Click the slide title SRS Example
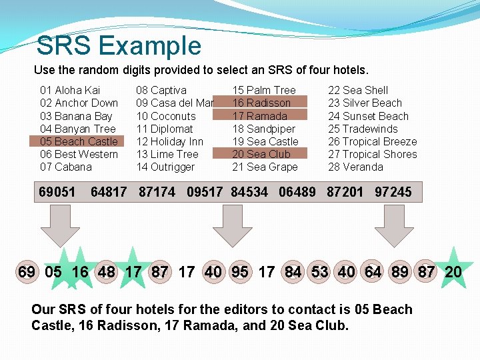point(119,45)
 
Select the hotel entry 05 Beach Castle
point(78,141)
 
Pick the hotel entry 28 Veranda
point(355,167)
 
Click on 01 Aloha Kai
point(70,90)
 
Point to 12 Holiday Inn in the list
point(169,141)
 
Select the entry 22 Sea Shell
point(357,90)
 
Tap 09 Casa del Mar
point(175,103)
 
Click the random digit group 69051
point(57,192)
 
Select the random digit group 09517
point(205,192)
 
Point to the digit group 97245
point(393,192)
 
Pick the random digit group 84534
point(249,192)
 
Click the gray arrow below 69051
point(55,225)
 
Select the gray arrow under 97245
point(399,225)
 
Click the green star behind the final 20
point(453,269)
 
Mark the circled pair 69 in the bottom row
point(27,272)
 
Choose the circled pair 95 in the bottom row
point(240,272)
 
